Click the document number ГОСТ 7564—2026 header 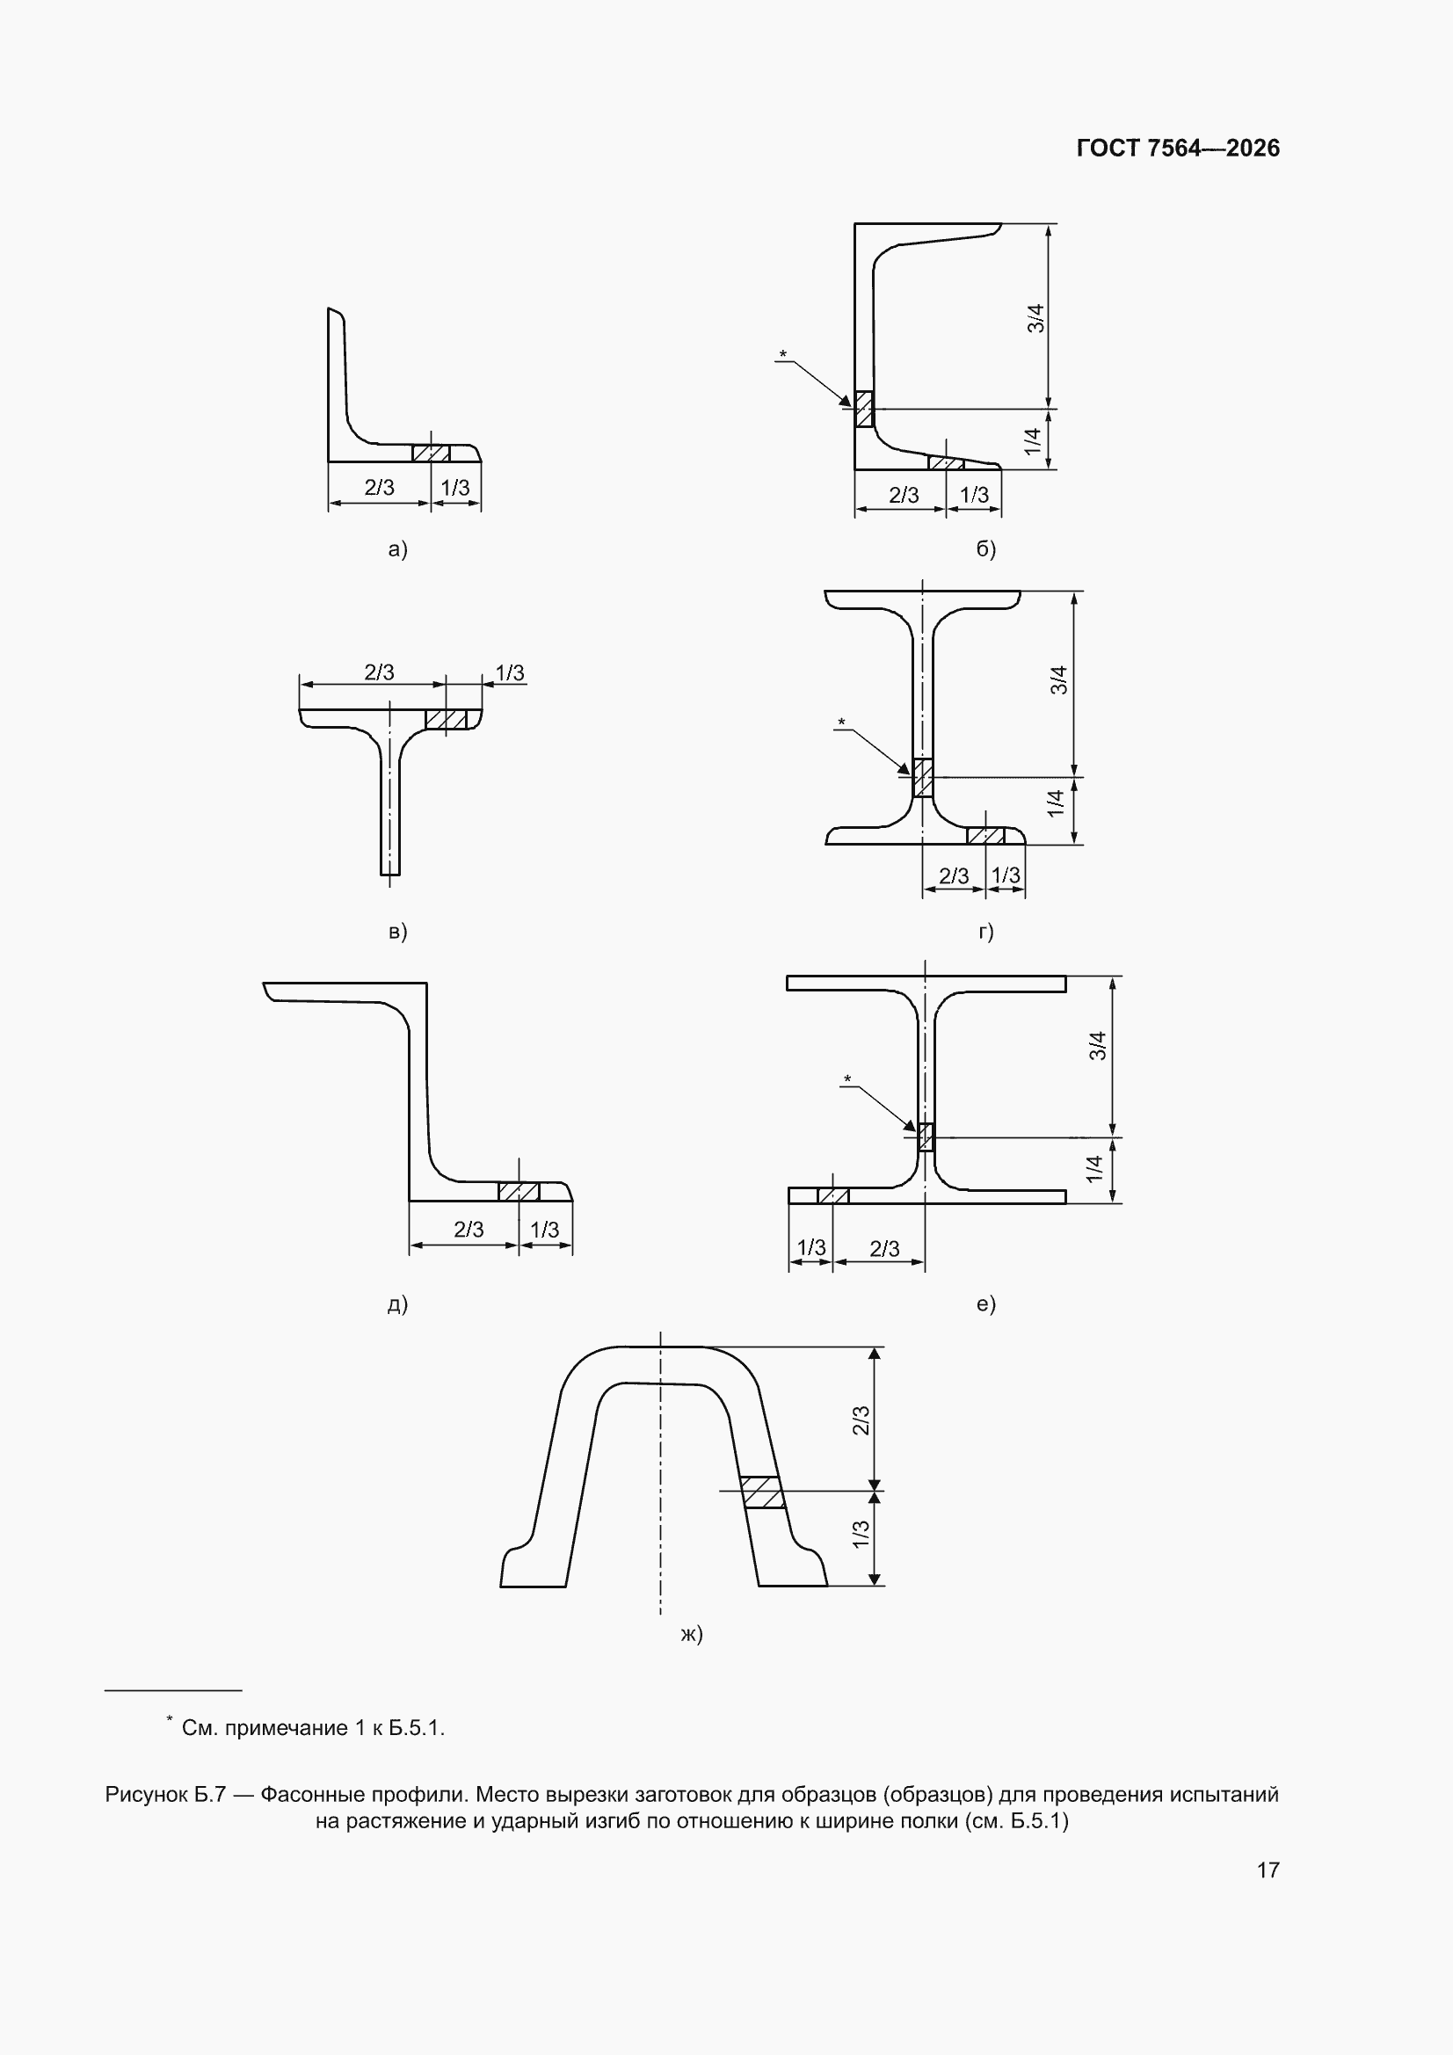1177,148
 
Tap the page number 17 1268,1870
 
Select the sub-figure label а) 397,548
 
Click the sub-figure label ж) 691,1633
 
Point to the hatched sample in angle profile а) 431,453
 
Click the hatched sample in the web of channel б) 863,409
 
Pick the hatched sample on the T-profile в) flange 446,720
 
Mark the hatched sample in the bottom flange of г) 985,836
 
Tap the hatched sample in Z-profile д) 519,1191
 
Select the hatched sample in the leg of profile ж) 762,1492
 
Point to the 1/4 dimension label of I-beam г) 1056,802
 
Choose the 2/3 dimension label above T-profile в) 379,672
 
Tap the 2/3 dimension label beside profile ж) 861,1420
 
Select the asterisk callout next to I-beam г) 840,723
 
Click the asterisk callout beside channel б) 783,354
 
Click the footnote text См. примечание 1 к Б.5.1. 313,1727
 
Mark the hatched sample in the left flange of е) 832,1195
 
